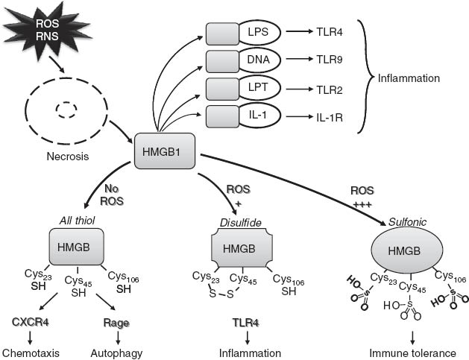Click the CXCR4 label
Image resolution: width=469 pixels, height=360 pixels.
tap(31, 323)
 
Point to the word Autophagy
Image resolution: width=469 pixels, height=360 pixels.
tap(117, 353)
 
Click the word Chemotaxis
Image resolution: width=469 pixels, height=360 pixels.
tap(31, 353)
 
